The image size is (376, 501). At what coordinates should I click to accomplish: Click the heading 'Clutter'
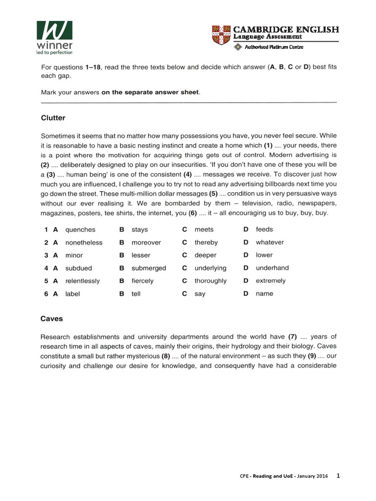coord(53,118)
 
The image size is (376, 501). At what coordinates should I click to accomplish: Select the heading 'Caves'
coord(51,319)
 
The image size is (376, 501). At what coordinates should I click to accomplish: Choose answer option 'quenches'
coord(80,229)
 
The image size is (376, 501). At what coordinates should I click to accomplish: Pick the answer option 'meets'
coord(204,229)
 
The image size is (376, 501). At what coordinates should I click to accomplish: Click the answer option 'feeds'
coord(264,229)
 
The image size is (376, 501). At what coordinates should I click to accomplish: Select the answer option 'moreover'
coord(146,242)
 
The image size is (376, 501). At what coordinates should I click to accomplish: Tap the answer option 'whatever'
coord(269,242)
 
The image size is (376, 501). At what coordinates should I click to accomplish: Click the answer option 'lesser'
coord(141,255)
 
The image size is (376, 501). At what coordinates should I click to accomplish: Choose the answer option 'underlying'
coord(211,268)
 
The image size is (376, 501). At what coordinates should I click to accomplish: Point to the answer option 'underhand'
coord(272,268)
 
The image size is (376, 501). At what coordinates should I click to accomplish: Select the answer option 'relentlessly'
coord(82,281)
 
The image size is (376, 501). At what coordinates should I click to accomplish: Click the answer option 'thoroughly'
coord(211,281)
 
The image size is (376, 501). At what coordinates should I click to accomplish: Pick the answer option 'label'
coord(72,294)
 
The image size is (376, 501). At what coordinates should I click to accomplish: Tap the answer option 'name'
coord(264,294)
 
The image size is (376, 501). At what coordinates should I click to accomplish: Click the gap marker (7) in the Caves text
coord(293,337)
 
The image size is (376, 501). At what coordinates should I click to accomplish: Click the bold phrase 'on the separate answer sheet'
coord(150,92)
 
